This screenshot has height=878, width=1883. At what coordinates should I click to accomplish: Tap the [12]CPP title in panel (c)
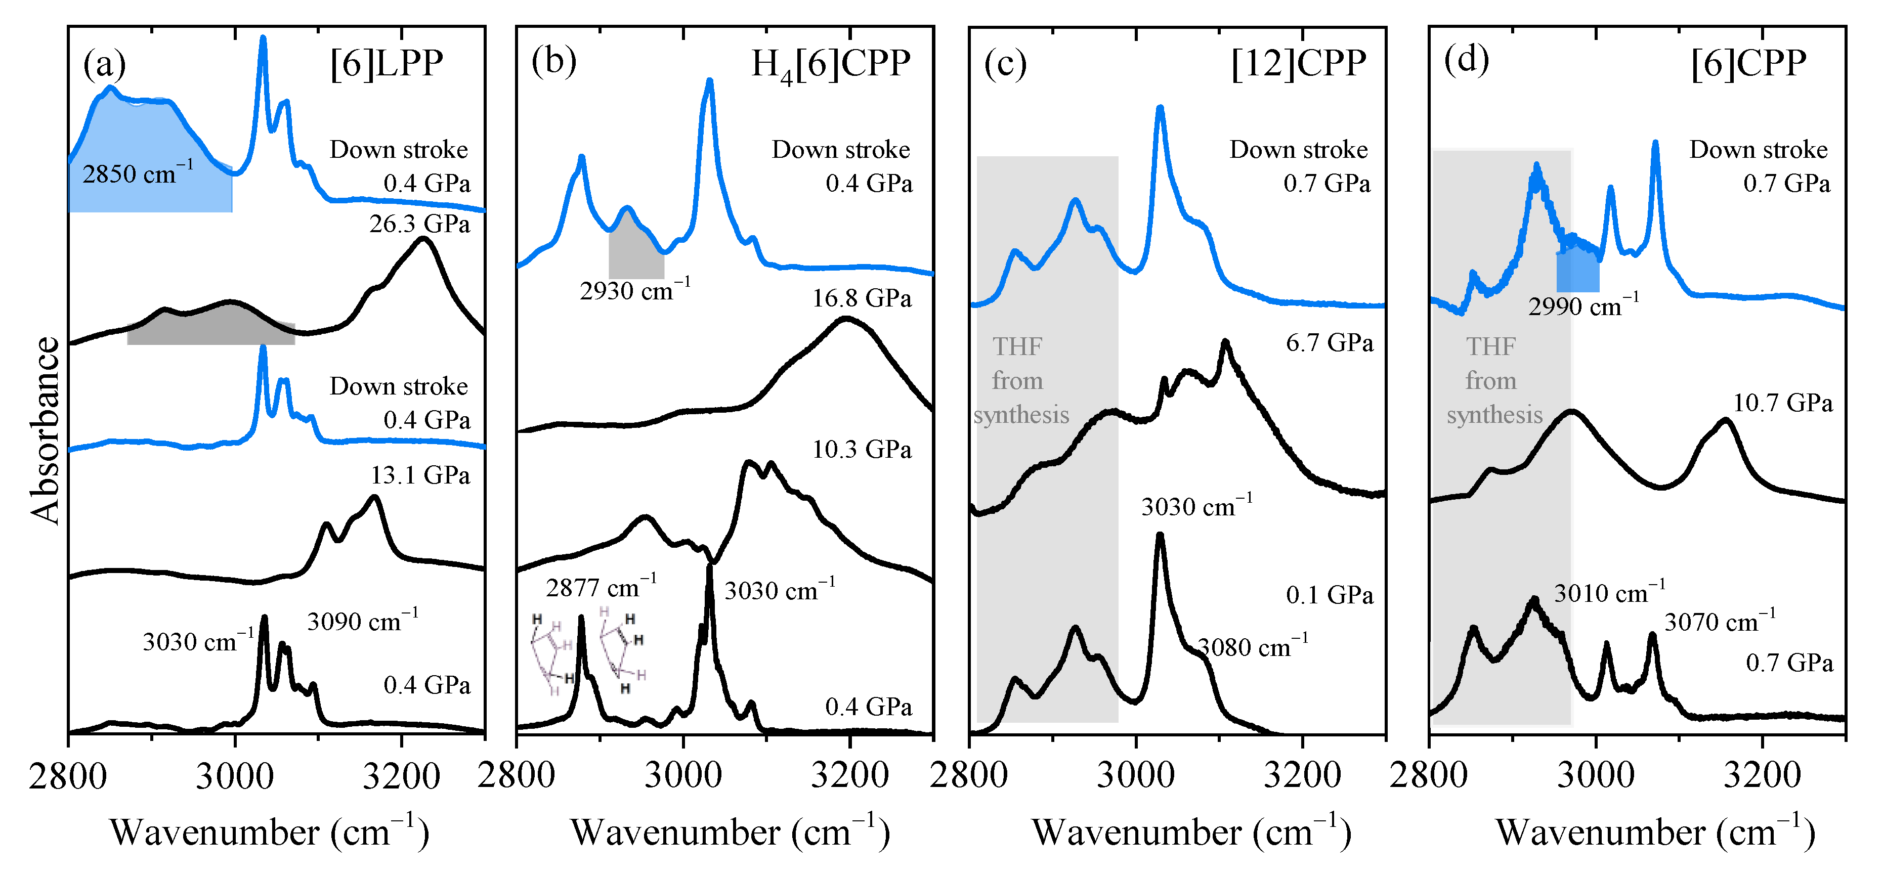[1298, 64]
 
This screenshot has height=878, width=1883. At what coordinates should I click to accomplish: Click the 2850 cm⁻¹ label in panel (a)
[138, 173]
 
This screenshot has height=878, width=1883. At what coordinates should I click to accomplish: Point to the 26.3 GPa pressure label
[419, 224]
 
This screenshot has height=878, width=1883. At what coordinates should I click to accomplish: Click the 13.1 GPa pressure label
[419, 475]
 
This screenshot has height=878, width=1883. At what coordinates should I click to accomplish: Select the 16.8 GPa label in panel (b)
[862, 298]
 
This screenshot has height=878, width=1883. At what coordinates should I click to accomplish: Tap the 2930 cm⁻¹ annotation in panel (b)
[634, 290]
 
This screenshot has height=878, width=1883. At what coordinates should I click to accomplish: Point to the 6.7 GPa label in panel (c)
[1329, 343]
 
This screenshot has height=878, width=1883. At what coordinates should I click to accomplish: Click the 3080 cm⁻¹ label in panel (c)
[1252, 646]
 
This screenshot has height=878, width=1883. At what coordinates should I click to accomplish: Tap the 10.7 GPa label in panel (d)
[1782, 403]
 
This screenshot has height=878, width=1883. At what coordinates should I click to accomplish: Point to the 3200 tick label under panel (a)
[401, 776]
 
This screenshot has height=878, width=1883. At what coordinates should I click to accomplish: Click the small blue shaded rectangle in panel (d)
[1577, 272]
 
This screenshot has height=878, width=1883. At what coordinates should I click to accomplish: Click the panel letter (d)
[1466, 60]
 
